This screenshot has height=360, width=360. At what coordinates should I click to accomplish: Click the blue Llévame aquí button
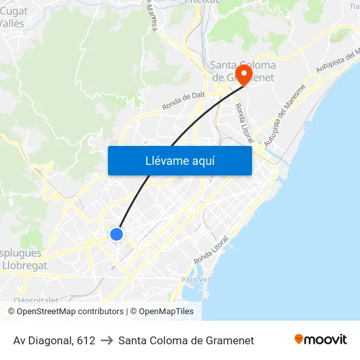coord(179,160)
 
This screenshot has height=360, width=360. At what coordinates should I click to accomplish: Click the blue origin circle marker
coord(117,234)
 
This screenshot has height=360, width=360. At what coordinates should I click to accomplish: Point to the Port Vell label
coord(197,279)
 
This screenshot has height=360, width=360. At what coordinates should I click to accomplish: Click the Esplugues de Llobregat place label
coord(21,259)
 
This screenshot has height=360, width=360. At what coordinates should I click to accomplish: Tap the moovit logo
coord(320,339)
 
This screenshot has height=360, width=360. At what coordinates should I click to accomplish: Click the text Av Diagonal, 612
coord(54,340)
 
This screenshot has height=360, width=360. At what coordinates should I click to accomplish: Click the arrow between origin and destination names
coord(107,340)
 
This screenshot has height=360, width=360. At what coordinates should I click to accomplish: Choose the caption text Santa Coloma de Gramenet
coord(186,340)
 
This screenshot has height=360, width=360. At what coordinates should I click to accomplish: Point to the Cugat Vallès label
coord(13,17)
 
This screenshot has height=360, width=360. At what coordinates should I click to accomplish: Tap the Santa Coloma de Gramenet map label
coord(243,71)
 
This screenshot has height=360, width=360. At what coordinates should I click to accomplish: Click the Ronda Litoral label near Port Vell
coord(213,247)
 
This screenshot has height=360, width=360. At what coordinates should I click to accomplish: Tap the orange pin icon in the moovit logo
coord(299,339)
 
